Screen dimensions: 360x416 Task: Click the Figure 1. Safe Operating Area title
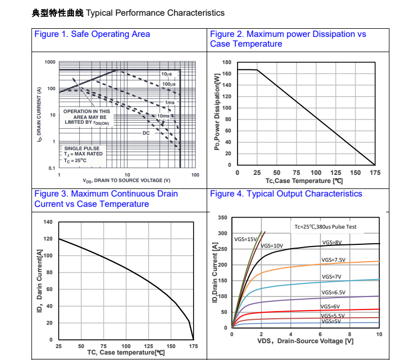click(x=92, y=34)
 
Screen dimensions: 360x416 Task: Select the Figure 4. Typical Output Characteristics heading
click(x=286, y=194)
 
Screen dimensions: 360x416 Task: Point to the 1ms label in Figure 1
click(x=170, y=103)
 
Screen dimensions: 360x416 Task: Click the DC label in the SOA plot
click(x=146, y=133)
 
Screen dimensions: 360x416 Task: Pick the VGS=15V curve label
click(x=246, y=239)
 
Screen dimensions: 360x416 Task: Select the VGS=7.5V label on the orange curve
click(x=333, y=260)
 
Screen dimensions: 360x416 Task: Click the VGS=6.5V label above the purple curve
click(x=333, y=293)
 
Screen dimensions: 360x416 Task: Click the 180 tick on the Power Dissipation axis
click(x=227, y=62)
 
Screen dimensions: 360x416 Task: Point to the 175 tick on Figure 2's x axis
click(x=374, y=173)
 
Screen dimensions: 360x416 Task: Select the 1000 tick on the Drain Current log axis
click(x=50, y=62)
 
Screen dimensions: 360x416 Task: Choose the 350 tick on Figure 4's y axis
click(x=222, y=218)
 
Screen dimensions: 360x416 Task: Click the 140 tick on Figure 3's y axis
click(x=48, y=222)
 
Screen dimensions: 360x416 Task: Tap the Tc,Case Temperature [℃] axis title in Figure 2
click(x=304, y=181)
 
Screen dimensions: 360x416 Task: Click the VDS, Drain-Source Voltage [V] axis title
click(x=305, y=341)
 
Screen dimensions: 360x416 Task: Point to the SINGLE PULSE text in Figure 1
click(x=82, y=148)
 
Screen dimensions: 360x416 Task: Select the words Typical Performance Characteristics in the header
click(x=155, y=12)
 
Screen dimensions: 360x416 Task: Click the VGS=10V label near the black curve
click(x=272, y=246)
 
